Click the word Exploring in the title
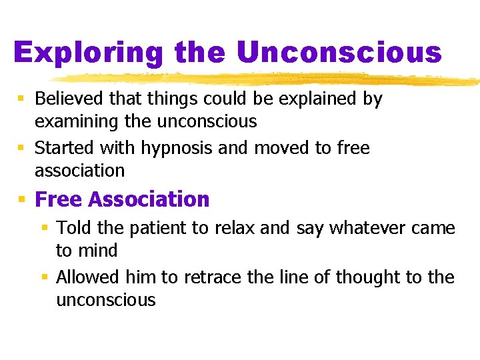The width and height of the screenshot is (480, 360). coord(89,53)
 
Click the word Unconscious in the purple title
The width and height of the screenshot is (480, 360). coord(339,52)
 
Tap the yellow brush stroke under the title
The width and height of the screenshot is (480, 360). coord(267,79)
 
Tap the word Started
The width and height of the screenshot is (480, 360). coord(62,147)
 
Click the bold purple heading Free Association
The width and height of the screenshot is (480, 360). coord(122,199)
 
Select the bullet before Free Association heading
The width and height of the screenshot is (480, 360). coord(21,199)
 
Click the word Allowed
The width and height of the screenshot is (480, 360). coord(86,277)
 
